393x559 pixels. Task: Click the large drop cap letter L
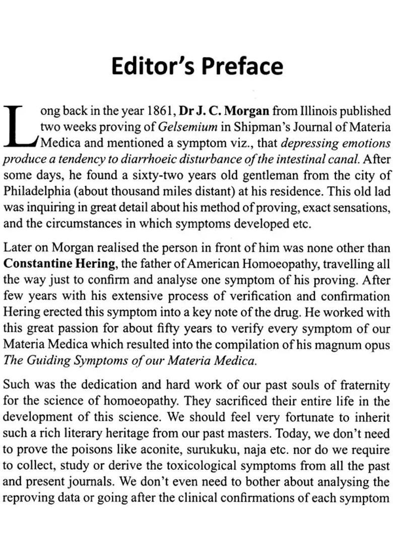[20, 126]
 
